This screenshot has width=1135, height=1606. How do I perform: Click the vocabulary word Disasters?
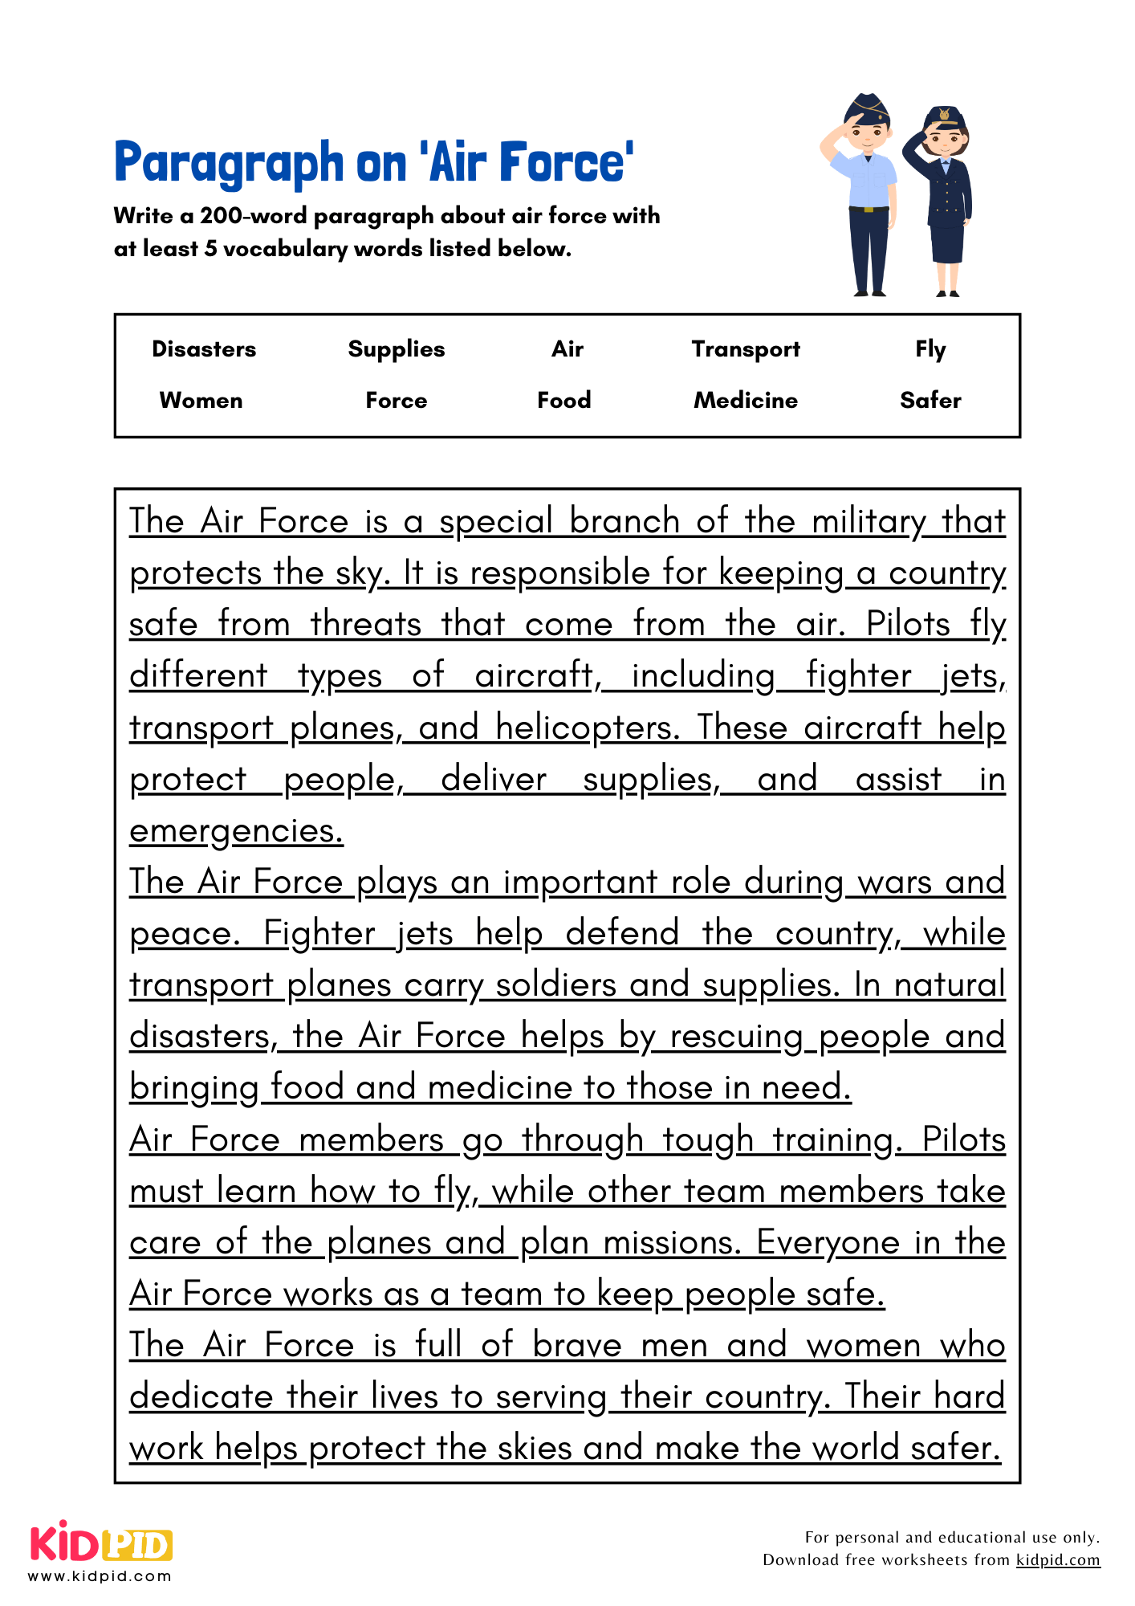pos(204,349)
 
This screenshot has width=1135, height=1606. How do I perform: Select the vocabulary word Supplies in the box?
pos(396,349)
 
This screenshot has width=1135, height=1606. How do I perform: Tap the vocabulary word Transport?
pos(746,349)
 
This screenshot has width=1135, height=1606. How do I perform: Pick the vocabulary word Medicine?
pos(746,400)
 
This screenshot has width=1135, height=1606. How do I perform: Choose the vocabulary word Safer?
pos(930,400)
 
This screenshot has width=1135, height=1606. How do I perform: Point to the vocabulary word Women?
pos(201,400)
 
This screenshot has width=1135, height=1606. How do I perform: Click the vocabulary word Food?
pos(563,400)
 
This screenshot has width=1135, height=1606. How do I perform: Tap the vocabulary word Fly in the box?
pos(930,349)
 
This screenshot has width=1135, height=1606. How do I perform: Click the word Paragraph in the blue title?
pos(229,163)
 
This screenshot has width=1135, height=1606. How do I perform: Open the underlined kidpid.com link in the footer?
pos(1057,1559)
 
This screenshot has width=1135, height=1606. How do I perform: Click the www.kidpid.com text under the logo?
pos(100,1575)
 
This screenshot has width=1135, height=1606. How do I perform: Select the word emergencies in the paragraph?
pos(236,831)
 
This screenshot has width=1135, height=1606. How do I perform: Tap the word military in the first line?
pos(869,522)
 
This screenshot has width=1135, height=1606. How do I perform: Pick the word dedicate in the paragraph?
pos(201,1396)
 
